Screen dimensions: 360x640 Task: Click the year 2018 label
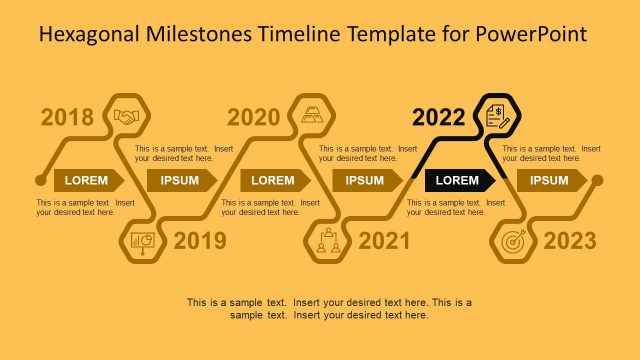click(x=67, y=117)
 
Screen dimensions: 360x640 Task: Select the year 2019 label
click(x=200, y=240)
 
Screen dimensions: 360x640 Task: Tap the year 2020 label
click(x=253, y=117)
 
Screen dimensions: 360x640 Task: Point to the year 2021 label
click(x=384, y=240)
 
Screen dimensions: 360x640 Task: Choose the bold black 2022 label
click(x=439, y=117)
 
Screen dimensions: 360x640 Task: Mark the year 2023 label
click(x=570, y=240)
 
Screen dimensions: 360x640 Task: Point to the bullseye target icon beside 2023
click(x=513, y=241)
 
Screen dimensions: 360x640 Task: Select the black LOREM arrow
click(x=459, y=180)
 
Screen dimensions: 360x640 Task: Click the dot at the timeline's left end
click(x=40, y=180)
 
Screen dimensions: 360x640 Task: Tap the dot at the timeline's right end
click(x=597, y=180)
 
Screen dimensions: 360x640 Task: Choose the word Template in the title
click(x=390, y=35)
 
